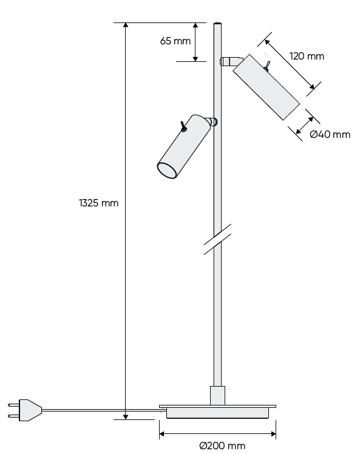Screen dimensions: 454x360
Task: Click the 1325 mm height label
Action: tap(98, 203)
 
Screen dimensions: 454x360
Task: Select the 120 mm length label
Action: tap(307, 56)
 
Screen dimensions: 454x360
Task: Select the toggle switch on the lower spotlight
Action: tap(182, 126)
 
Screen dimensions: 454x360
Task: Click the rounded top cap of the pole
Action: tap(218, 25)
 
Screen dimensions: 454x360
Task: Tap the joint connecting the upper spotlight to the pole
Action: tap(228, 61)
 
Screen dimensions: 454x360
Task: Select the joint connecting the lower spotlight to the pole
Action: tap(212, 121)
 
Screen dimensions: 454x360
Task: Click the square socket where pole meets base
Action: tap(217, 395)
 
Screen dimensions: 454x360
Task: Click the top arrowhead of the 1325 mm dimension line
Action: tap(126, 26)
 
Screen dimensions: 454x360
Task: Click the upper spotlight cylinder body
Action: tap(266, 86)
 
